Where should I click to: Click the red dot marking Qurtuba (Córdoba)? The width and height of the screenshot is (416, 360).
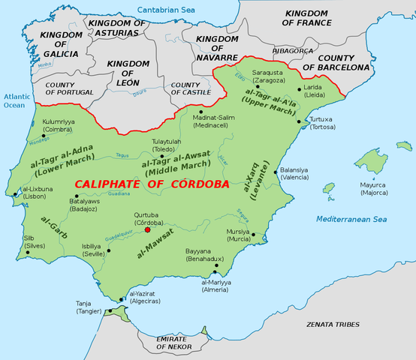157,230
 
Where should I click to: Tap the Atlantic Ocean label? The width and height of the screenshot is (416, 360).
15,101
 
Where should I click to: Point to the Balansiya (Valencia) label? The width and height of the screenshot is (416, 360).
295,173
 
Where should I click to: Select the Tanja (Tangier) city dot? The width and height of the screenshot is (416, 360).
110,308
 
